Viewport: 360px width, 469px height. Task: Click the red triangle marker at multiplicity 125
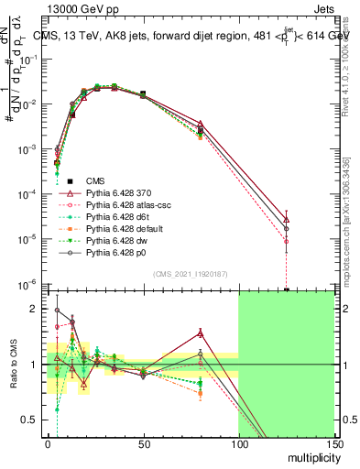click(287, 220)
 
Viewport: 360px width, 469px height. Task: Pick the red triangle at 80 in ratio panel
click(201, 333)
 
